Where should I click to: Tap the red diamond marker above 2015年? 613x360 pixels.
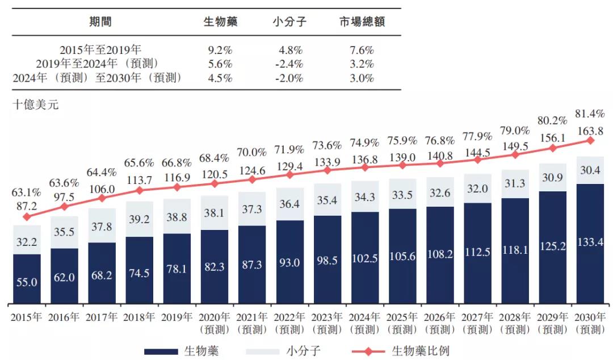(27, 216)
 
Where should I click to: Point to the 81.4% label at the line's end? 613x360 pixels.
(590, 113)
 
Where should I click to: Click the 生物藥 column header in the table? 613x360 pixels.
(220, 22)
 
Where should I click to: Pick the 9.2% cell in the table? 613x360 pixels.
(220, 50)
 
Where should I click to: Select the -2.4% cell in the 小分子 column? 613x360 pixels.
(289, 64)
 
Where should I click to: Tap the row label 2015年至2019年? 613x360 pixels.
(100, 50)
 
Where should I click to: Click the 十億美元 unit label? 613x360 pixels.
(35, 104)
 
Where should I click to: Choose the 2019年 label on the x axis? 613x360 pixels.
(177, 317)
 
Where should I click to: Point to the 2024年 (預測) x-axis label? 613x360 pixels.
(365, 323)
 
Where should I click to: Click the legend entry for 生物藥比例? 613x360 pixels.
(420, 351)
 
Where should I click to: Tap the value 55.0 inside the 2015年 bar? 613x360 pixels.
(27, 281)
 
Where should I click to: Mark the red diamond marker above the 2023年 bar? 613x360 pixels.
(328, 170)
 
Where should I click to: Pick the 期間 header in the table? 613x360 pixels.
(100, 22)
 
